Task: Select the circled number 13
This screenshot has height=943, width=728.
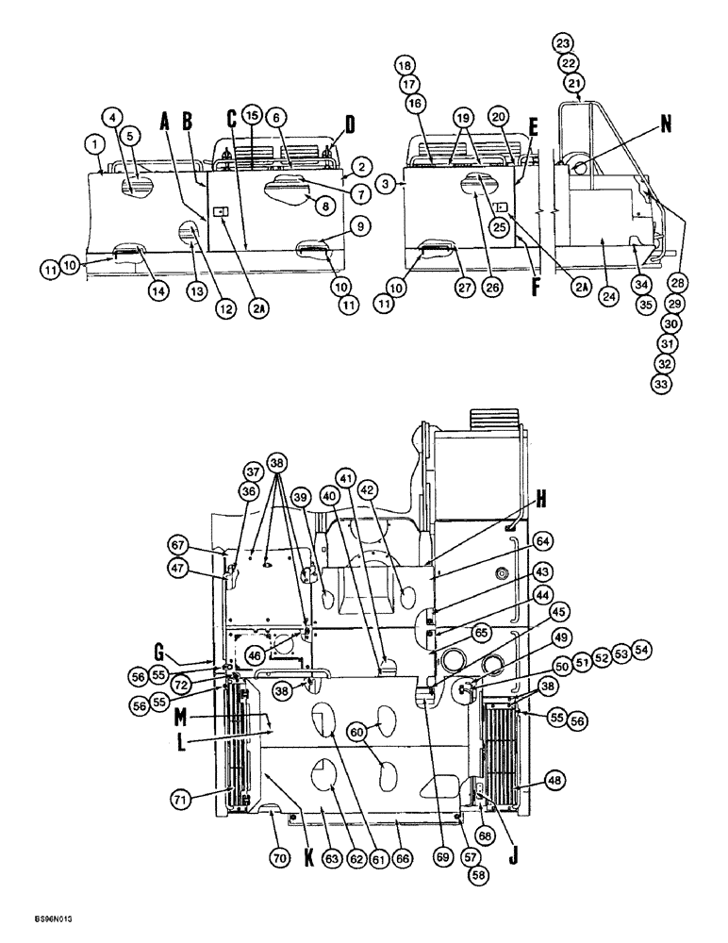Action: (x=196, y=293)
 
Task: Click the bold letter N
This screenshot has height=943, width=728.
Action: (x=668, y=123)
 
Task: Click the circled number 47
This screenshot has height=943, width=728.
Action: (x=207, y=568)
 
